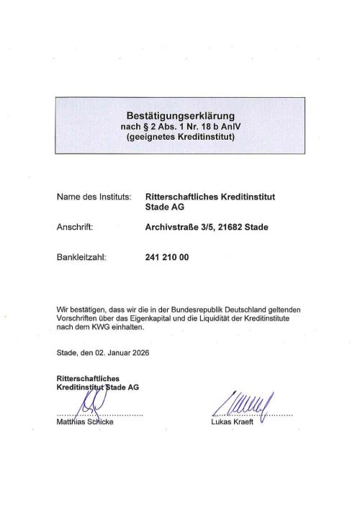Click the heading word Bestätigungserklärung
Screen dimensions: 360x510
pos(181,115)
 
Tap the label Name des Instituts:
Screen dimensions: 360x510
pos(93,196)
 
